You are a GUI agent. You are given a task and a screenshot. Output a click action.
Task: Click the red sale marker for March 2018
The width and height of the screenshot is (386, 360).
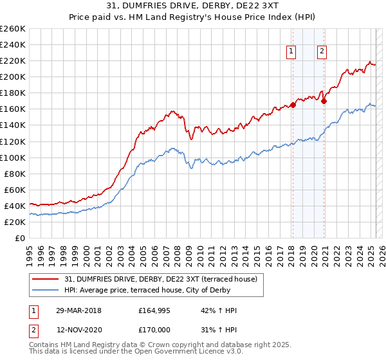point(293,105)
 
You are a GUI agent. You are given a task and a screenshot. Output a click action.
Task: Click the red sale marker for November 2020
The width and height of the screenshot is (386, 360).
point(324,101)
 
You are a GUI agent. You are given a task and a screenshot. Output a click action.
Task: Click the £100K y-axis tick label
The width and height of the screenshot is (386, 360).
point(13,157)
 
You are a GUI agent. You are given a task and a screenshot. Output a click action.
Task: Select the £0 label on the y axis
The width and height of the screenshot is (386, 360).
point(21,239)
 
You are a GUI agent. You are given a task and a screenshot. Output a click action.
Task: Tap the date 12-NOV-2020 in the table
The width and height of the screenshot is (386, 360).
point(78,328)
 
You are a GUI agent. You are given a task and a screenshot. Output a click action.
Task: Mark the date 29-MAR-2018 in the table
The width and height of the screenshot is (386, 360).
point(78,310)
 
